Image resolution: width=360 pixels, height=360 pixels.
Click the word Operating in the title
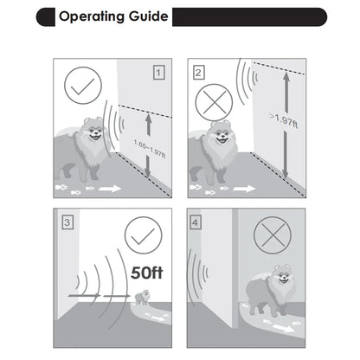click(x=92, y=16)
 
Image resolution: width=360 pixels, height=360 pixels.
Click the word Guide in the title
click(x=148, y=16)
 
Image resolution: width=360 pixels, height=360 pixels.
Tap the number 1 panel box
click(x=158, y=73)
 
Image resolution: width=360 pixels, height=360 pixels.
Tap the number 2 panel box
click(x=198, y=73)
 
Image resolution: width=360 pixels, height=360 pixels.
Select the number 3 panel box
click(x=67, y=222)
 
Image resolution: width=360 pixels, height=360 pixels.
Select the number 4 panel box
click(x=196, y=222)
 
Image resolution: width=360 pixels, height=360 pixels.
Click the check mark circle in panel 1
click(x=83, y=86)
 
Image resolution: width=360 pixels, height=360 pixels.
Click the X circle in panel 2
click(x=214, y=102)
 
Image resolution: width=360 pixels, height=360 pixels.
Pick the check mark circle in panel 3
click(x=144, y=235)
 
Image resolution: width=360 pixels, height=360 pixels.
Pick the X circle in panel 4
click(x=273, y=235)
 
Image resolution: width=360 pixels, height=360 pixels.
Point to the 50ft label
click(x=147, y=273)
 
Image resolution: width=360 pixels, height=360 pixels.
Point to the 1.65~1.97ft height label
click(x=150, y=149)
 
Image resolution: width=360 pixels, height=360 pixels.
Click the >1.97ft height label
click(x=284, y=120)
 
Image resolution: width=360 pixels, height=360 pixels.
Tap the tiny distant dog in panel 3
click(x=143, y=298)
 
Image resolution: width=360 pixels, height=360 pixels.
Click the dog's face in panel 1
click(x=94, y=131)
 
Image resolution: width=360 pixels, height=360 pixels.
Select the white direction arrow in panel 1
click(x=110, y=189)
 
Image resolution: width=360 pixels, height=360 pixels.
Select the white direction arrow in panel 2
click(x=244, y=189)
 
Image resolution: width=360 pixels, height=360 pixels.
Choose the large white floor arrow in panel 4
click(x=284, y=328)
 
